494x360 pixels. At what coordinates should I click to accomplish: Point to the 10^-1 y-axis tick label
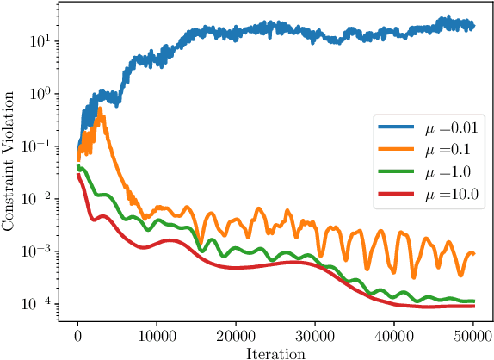point(43,146)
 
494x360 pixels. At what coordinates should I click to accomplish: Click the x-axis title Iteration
point(275,351)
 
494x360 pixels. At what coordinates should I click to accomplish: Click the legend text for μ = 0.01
point(450,129)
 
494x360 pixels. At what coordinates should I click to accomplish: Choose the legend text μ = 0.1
point(447,153)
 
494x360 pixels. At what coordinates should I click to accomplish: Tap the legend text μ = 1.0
point(447,177)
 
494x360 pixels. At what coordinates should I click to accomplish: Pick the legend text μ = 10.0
point(450,202)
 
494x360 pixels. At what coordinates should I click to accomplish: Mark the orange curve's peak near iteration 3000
point(100,109)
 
